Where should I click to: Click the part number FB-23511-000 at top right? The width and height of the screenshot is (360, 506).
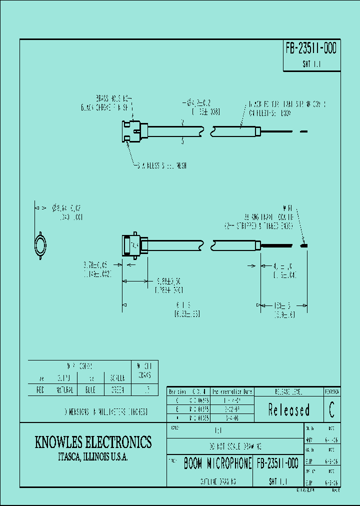311,48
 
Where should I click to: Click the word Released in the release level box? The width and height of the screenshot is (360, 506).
288,410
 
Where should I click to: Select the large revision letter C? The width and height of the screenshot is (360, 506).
332,410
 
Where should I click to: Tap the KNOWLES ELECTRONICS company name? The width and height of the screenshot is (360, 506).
93,442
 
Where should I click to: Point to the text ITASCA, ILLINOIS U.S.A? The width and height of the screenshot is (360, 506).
93,457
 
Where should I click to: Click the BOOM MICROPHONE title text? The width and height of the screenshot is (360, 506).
217,463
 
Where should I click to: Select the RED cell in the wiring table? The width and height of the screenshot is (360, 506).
41,390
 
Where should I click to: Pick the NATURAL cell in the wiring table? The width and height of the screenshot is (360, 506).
64,390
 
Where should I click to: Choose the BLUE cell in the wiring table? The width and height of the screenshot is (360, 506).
90,390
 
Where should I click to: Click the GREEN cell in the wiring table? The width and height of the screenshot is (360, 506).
116,390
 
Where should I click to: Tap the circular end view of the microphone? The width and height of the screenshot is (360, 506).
40,246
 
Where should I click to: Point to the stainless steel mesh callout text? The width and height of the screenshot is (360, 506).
162,165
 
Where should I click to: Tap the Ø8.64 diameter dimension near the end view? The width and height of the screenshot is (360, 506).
67,207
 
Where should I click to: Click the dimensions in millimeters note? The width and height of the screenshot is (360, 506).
105,412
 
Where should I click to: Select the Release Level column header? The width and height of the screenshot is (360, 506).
288,391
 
